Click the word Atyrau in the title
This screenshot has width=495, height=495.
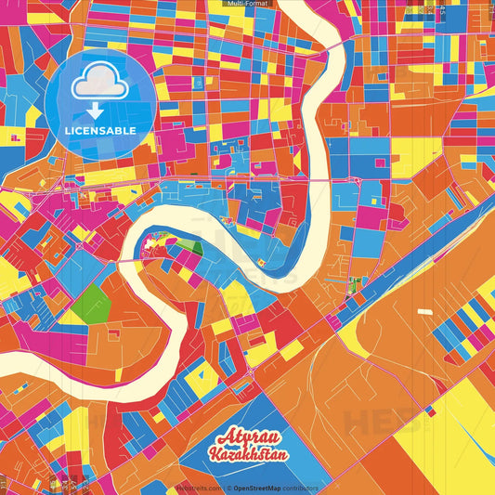(246, 440)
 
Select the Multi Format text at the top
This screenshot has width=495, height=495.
(247, 4)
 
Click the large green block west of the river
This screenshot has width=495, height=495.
(91, 303)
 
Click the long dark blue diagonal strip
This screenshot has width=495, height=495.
(390, 280)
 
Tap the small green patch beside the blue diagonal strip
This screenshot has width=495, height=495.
(353, 284)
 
